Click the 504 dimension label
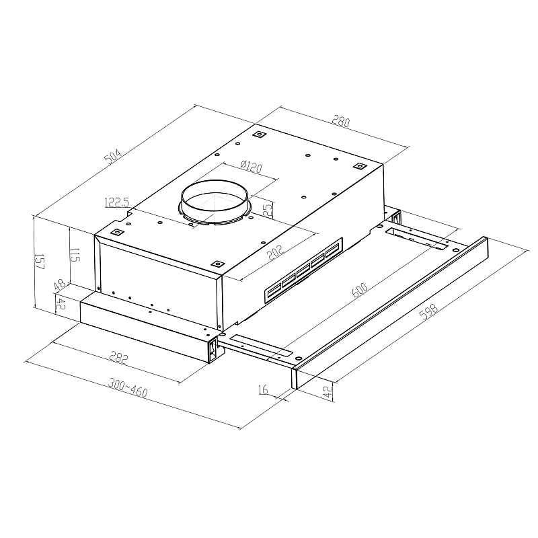click(x=112, y=156)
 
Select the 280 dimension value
click(x=342, y=122)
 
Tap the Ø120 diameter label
click(x=251, y=166)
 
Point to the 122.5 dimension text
click(x=117, y=202)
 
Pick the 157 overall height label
click(x=39, y=262)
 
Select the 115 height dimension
click(x=75, y=256)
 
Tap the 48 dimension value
click(x=59, y=285)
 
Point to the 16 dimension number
click(x=262, y=389)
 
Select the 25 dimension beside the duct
click(x=268, y=210)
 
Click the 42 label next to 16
click(x=328, y=393)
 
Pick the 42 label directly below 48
click(x=59, y=303)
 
